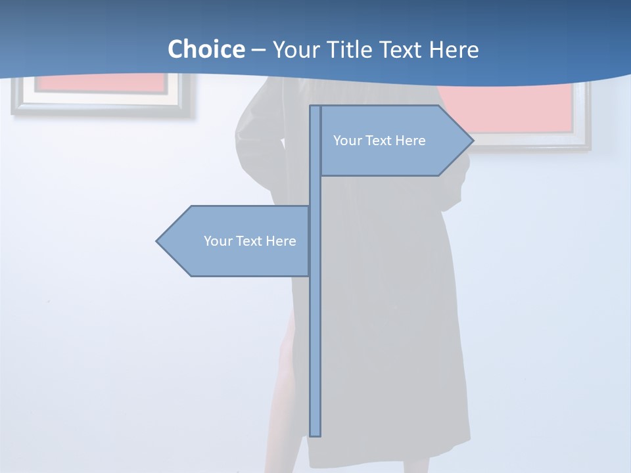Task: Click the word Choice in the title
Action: (206, 49)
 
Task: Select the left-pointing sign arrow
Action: (237, 241)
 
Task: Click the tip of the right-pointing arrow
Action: (472, 140)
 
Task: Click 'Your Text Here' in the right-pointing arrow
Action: (379, 141)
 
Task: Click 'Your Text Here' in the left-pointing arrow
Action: (250, 241)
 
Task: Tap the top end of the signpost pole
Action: (315, 108)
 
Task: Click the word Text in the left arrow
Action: (249, 241)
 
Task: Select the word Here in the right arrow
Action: (410, 141)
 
